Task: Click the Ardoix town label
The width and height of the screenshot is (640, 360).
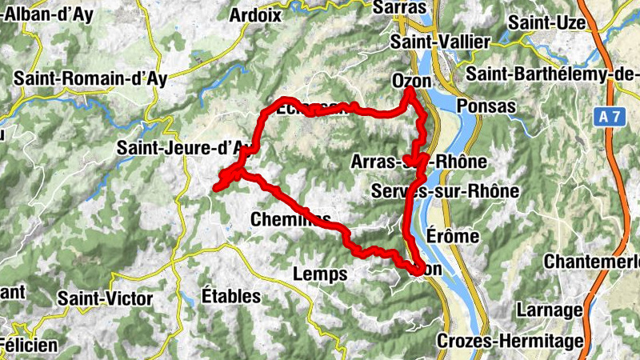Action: (255, 15)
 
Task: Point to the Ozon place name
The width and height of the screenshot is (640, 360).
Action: (412, 82)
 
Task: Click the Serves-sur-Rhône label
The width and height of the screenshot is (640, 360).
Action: (446, 191)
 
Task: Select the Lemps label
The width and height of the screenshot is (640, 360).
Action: (321, 274)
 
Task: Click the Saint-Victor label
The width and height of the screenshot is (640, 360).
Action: (105, 298)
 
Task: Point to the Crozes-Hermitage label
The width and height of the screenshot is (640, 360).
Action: (510, 342)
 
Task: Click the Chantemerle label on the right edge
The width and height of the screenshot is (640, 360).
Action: (593, 262)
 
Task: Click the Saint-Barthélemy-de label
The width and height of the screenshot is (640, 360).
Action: (553, 74)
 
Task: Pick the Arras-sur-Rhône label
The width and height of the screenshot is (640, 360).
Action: (418, 162)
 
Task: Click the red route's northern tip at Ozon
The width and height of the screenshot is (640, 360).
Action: (409, 92)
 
